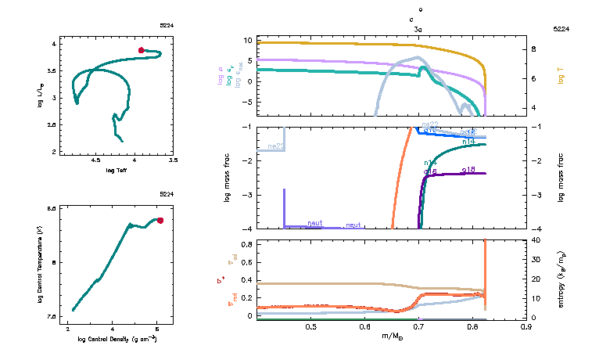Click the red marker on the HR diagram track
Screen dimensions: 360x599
click(142, 50)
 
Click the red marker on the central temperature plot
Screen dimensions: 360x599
click(160, 220)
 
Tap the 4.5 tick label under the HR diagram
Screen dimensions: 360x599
click(96, 160)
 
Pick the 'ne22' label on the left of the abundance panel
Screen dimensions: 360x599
click(274, 146)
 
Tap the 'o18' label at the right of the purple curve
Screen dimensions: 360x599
click(469, 169)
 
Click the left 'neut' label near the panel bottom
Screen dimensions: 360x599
click(315, 223)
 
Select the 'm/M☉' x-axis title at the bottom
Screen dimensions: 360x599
click(390, 336)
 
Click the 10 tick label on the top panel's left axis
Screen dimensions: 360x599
click(246, 40)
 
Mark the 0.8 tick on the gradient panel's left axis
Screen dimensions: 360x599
click(246, 245)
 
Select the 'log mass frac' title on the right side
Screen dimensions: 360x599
click(561, 178)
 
